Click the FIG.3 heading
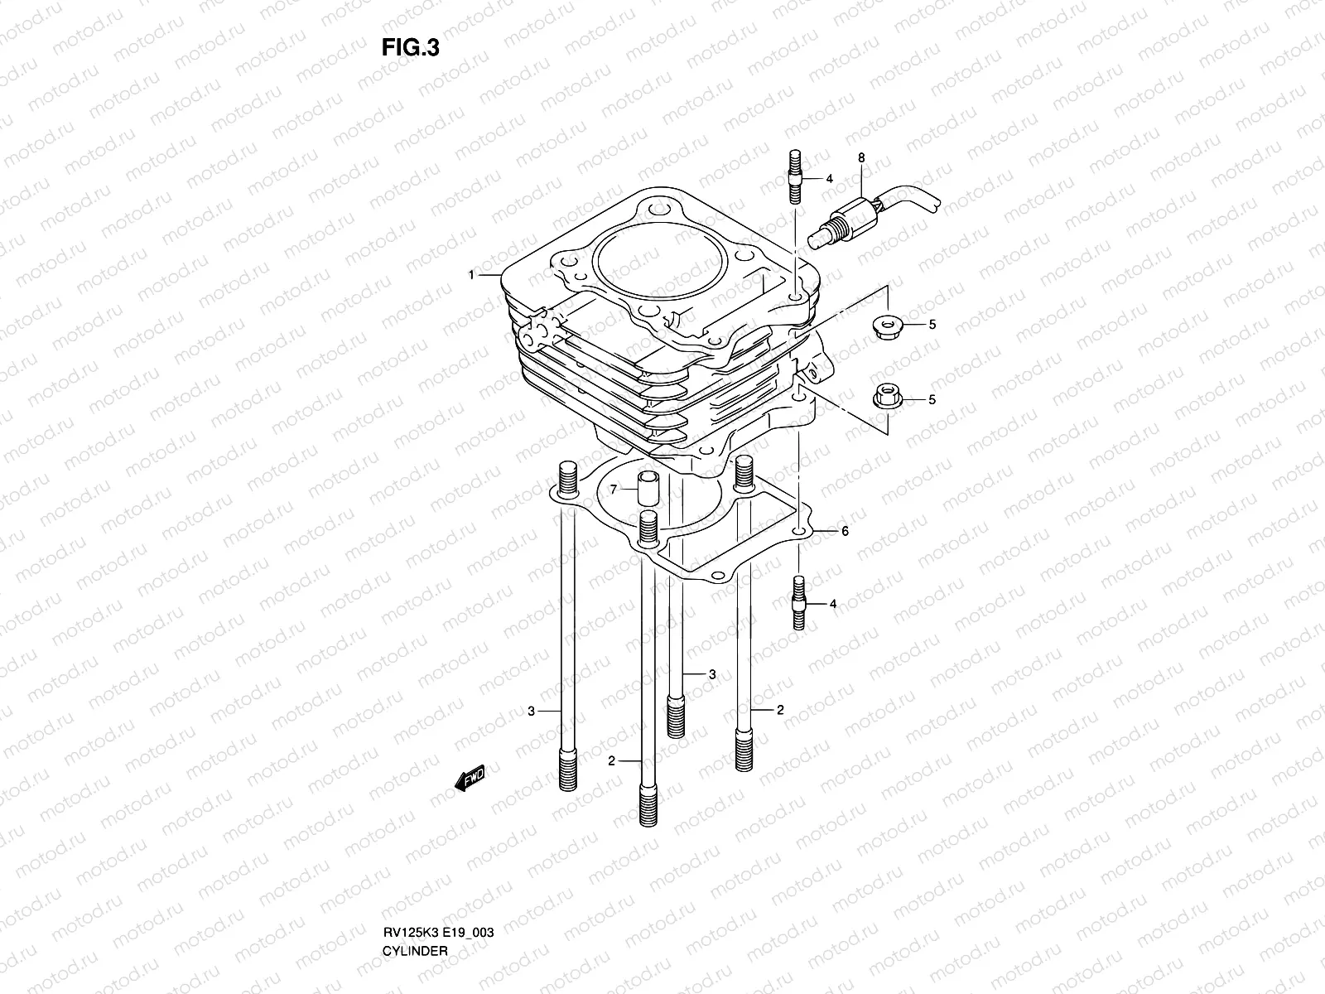(x=410, y=48)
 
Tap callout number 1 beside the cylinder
(x=471, y=274)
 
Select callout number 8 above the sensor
(x=861, y=157)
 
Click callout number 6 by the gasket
(x=845, y=532)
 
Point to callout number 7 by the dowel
(x=614, y=490)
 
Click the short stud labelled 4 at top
(x=795, y=176)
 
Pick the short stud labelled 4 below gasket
(x=799, y=603)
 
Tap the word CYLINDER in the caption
(x=415, y=905)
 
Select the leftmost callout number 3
(x=532, y=711)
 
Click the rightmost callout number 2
(x=780, y=710)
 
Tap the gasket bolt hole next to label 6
(x=798, y=531)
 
